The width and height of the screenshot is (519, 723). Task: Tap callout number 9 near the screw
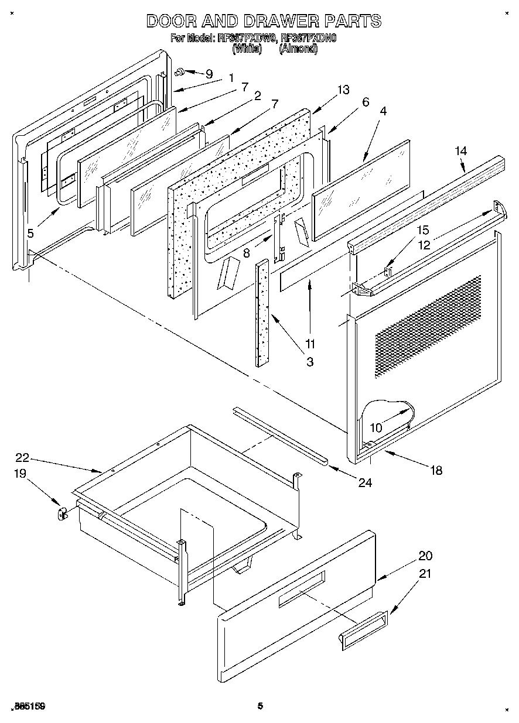209,74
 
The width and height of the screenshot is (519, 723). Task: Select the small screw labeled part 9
180,72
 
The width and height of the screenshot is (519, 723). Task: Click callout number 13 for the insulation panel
343,90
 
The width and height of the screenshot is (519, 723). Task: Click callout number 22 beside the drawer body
22,458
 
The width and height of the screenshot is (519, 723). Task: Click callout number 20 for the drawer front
425,556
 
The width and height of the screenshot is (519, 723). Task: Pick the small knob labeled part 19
61,514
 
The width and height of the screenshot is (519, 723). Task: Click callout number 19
20,473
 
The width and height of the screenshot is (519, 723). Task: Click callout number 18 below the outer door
436,470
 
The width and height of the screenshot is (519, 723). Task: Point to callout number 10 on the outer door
375,428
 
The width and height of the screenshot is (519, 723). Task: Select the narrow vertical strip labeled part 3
262,313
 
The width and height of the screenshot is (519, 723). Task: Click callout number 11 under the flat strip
310,343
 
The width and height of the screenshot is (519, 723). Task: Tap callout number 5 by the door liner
30,233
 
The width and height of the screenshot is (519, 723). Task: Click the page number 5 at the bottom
259,706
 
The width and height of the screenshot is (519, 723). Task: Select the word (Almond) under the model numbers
299,49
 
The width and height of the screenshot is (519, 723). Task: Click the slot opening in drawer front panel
301,588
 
